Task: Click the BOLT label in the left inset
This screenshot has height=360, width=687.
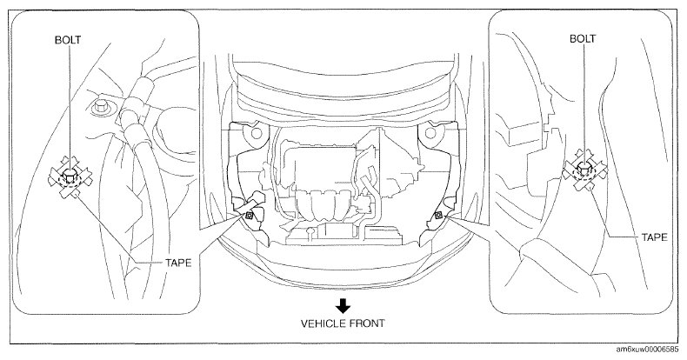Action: click(x=68, y=40)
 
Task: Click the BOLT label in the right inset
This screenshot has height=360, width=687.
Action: click(x=583, y=38)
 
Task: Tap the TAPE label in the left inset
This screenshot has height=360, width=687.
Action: click(x=178, y=263)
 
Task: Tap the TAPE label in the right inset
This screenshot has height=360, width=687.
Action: click(x=655, y=237)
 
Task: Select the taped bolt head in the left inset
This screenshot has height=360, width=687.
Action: click(x=70, y=176)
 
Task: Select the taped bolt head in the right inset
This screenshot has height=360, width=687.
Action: click(x=584, y=168)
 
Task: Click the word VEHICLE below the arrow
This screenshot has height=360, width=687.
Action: click(x=322, y=323)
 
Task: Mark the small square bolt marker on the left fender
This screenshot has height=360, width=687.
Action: click(x=249, y=215)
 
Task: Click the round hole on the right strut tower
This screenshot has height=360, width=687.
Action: click(x=430, y=132)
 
